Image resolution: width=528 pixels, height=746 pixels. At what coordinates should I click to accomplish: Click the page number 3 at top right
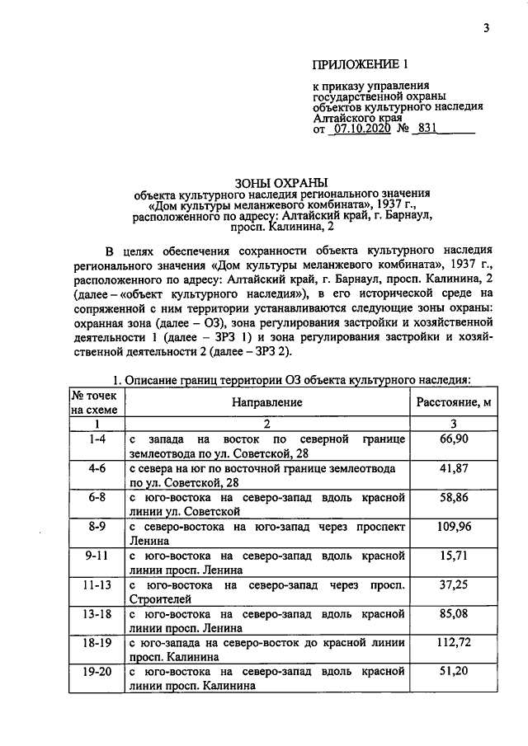click(x=487, y=30)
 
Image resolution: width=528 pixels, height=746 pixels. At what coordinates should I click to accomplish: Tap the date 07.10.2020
click(x=362, y=129)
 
